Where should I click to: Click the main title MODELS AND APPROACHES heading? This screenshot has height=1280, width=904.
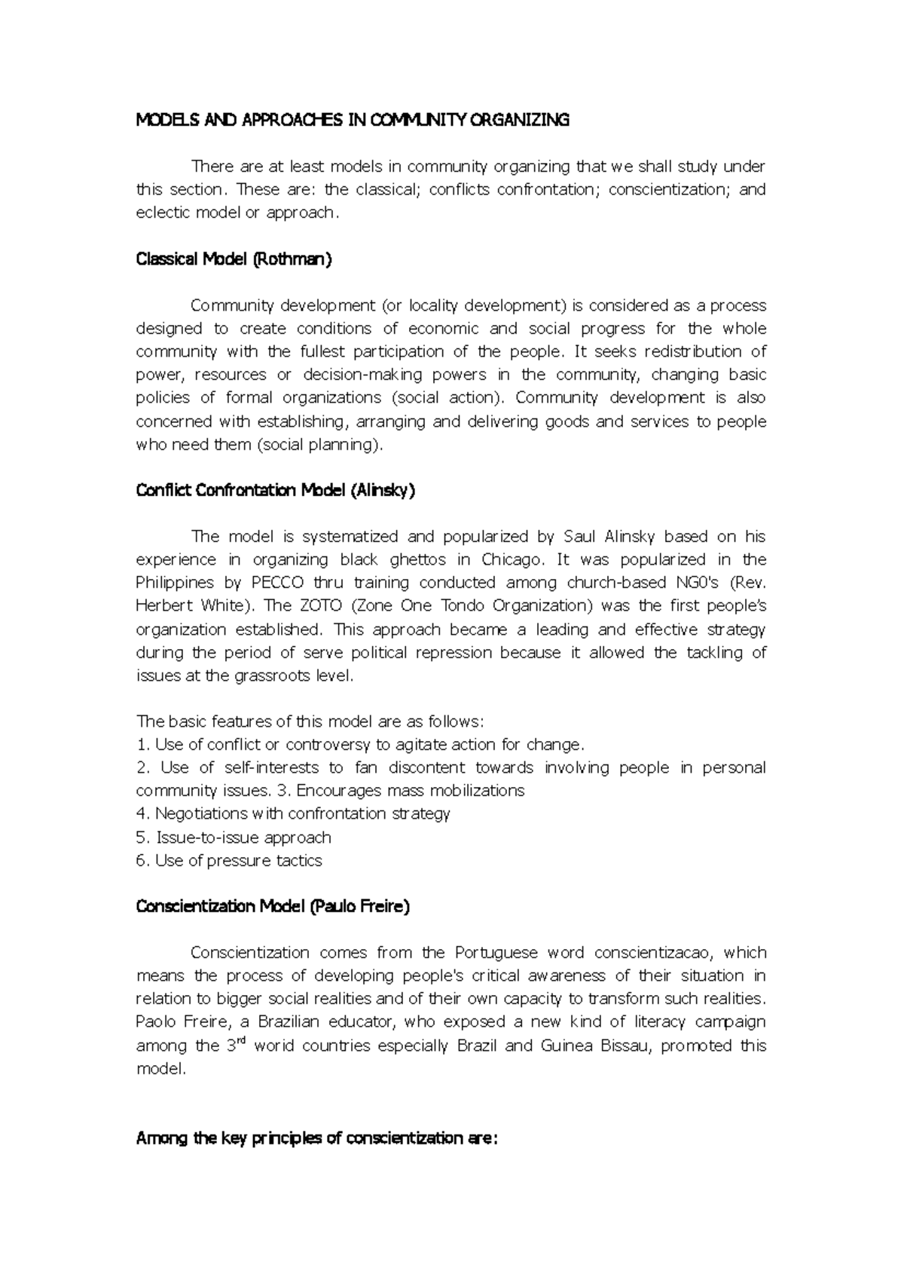pyautogui.click(x=352, y=120)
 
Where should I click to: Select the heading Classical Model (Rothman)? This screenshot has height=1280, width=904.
pyautogui.click(x=234, y=259)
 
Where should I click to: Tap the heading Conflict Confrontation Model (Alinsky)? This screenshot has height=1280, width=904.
pyautogui.click(x=275, y=491)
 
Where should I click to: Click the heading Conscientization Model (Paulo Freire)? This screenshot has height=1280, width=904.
pyautogui.click(x=273, y=907)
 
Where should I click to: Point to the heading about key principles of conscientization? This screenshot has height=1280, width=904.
pyautogui.click(x=316, y=1138)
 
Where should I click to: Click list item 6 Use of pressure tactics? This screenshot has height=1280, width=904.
pyautogui.click(x=229, y=861)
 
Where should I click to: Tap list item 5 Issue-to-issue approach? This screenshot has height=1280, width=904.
pyautogui.click(x=234, y=838)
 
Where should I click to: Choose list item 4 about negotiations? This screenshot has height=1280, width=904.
pyautogui.click(x=293, y=814)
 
